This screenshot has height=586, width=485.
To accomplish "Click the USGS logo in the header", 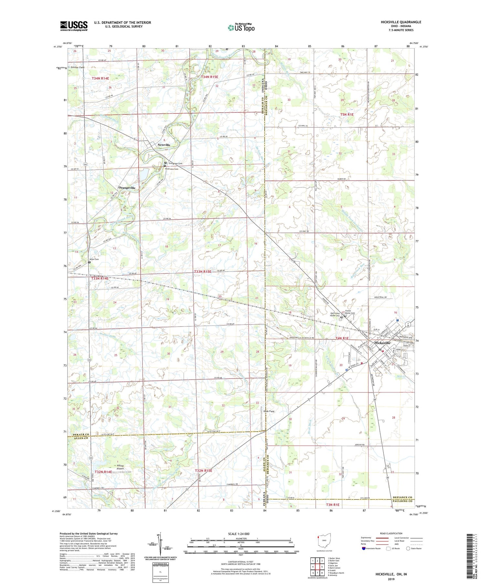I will tap(74, 26).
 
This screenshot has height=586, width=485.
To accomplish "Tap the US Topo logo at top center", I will tap(241, 28).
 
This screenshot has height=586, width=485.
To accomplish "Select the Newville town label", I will tap(164, 145).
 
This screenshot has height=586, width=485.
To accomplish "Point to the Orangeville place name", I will tap(127, 187).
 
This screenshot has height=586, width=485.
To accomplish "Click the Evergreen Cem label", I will tap(176, 164).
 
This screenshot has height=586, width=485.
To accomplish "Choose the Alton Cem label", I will tap(94, 259).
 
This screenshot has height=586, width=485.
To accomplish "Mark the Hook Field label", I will tap(269, 411).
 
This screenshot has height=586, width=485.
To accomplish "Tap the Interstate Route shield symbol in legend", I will tap(364, 549).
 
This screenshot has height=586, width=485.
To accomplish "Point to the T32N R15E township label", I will tap(203, 471).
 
